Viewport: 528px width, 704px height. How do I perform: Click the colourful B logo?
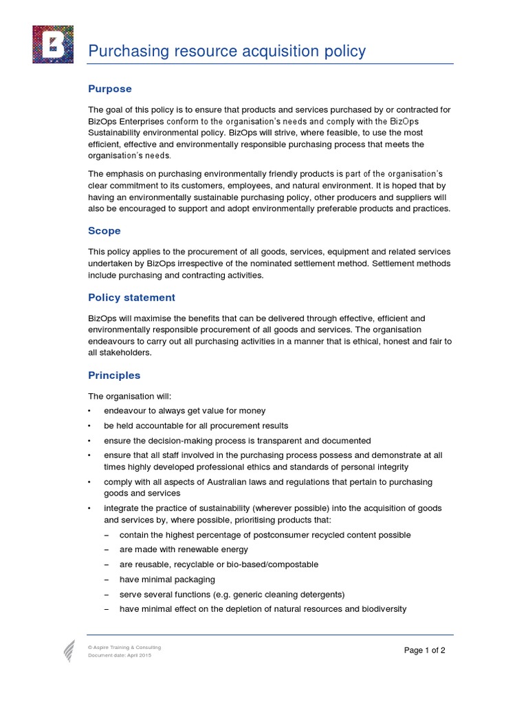(x=53, y=44)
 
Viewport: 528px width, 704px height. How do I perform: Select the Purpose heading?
(x=110, y=89)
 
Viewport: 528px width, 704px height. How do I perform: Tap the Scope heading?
(x=104, y=231)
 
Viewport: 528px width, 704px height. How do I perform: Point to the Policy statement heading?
(x=131, y=298)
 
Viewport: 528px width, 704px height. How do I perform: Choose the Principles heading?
(x=114, y=375)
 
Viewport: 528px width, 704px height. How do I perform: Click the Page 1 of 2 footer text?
(x=425, y=650)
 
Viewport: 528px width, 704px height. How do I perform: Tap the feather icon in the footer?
(x=69, y=650)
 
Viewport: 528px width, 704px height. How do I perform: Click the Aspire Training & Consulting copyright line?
(x=124, y=648)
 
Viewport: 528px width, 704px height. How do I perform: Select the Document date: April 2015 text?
(x=120, y=655)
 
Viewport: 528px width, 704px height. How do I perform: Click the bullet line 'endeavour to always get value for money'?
(x=184, y=411)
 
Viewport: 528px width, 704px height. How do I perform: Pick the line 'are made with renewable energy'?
(x=184, y=550)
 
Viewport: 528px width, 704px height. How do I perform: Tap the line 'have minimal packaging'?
(x=167, y=580)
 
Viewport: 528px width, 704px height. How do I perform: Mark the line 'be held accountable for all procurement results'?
(x=196, y=426)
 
